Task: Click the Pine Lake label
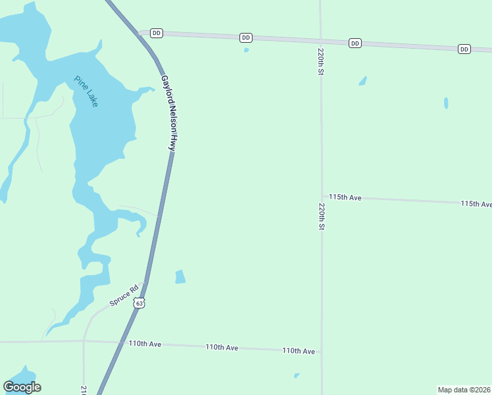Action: point(86,92)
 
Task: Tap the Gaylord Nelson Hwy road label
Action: point(168,113)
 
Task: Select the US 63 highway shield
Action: point(138,303)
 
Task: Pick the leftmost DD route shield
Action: point(156,33)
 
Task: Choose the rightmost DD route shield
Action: point(464,49)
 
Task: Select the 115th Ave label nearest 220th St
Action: point(345,197)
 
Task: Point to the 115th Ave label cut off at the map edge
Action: point(476,204)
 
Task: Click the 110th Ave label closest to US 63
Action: point(145,344)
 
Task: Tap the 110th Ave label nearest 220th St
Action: point(299,352)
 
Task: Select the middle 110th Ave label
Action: point(222,348)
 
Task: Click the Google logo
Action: point(22,387)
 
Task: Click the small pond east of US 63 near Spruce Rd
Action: point(180,277)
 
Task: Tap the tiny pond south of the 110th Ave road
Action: point(297,376)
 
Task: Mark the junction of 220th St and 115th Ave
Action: point(322,197)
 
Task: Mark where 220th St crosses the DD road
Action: point(320,41)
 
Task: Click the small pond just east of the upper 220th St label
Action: point(362,81)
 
